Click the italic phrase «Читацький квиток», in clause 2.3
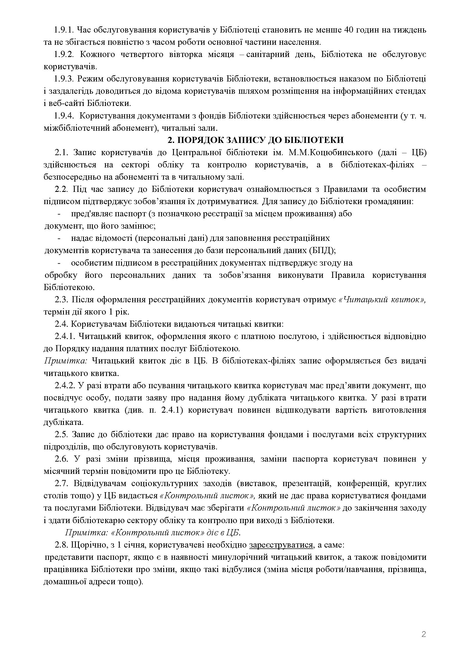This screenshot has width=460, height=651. pos(382,300)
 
